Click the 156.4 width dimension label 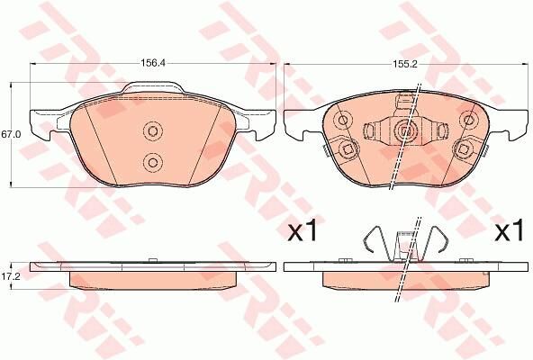pos(150,64)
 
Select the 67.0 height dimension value pos(11,134)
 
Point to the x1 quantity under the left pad pos(302,232)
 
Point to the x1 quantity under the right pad pos(509,232)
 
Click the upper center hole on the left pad pos(151,131)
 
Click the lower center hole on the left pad pos(151,163)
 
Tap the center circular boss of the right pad pos(404,131)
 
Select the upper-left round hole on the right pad pos(343,120)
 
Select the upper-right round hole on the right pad pos(467,119)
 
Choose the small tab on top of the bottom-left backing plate pos(151,261)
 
